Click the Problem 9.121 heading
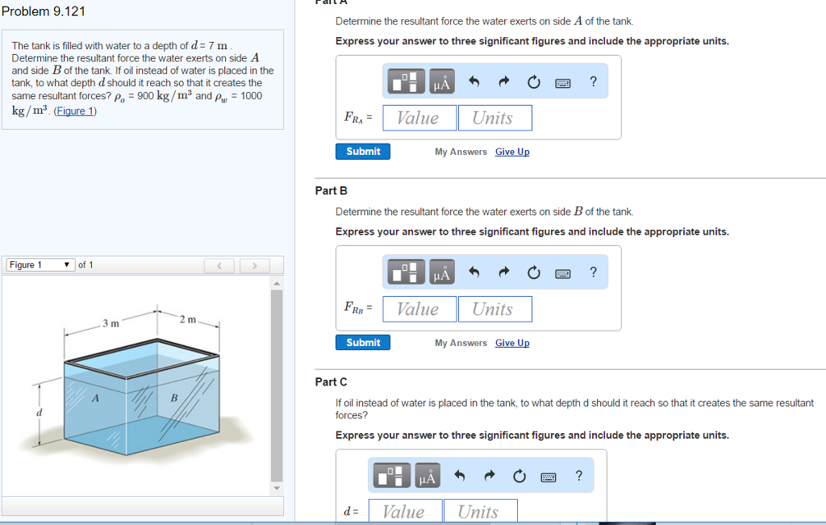tap(44, 11)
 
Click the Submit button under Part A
tap(363, 152)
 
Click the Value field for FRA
tap(419, 118)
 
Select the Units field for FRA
tap(494, 118)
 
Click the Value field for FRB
tap(419, 309)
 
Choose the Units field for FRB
tap(494, 309)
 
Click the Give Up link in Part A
tap(512, 152)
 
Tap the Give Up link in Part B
tap(512, 343)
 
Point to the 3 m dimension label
tap(111, 323)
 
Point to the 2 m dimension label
tap(187, 319)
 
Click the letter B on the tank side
tap(173, 398)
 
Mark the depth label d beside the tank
tap(37, 412)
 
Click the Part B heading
tap(331, 190)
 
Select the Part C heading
tap(331, 381)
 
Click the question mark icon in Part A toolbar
tap(594, 81)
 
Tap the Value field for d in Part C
tap(403, 511)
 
